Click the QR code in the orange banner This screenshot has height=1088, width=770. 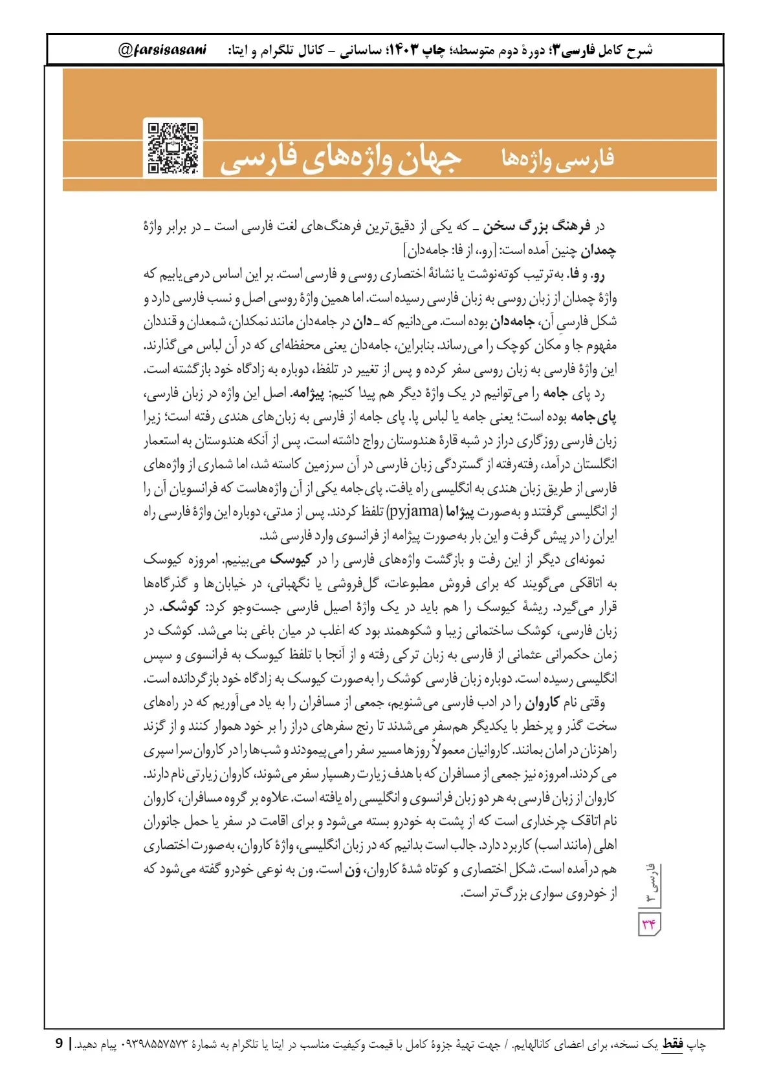point(173,148)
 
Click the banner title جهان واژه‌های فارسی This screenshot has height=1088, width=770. point(341,159)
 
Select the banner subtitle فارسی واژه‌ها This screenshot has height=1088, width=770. point(558,159)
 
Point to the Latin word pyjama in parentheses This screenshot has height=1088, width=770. point(414,512)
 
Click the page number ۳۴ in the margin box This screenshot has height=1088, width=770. point(649,924)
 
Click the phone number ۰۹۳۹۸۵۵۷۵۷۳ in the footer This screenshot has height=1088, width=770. point(155,1045)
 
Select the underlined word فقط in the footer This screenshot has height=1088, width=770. point(672,1044)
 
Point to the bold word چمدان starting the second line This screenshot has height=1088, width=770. point(598,250)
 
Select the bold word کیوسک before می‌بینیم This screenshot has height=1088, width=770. point(291,560)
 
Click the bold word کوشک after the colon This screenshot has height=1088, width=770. point(181,608)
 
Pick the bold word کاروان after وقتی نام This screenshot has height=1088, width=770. point(542,703)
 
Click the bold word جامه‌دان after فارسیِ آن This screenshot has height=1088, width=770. point(512,322)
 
